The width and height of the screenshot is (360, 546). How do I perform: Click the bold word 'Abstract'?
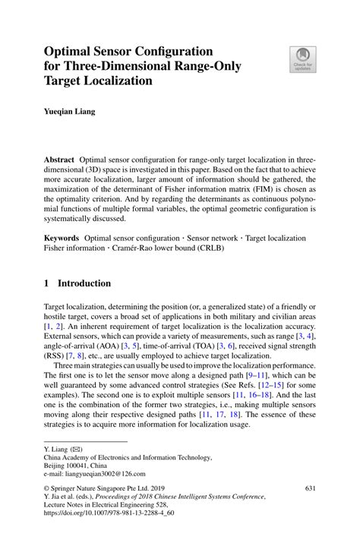coord(59,162)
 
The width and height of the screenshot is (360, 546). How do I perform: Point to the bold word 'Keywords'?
coord(62,238)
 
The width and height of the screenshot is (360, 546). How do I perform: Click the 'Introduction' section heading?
coord(84,283)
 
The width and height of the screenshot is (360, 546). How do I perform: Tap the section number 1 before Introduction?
coord(47,283)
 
